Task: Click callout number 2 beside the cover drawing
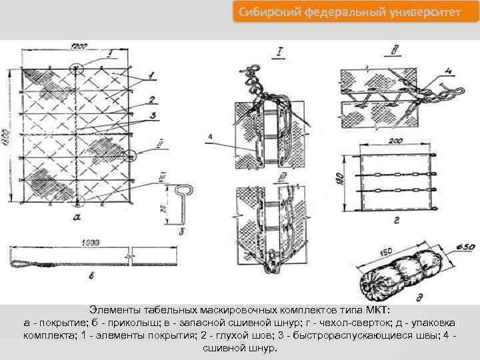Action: [152, 100]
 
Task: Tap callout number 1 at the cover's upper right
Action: [152, 75]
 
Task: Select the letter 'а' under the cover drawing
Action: [78, 217]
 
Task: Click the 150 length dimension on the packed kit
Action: [385, 252]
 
